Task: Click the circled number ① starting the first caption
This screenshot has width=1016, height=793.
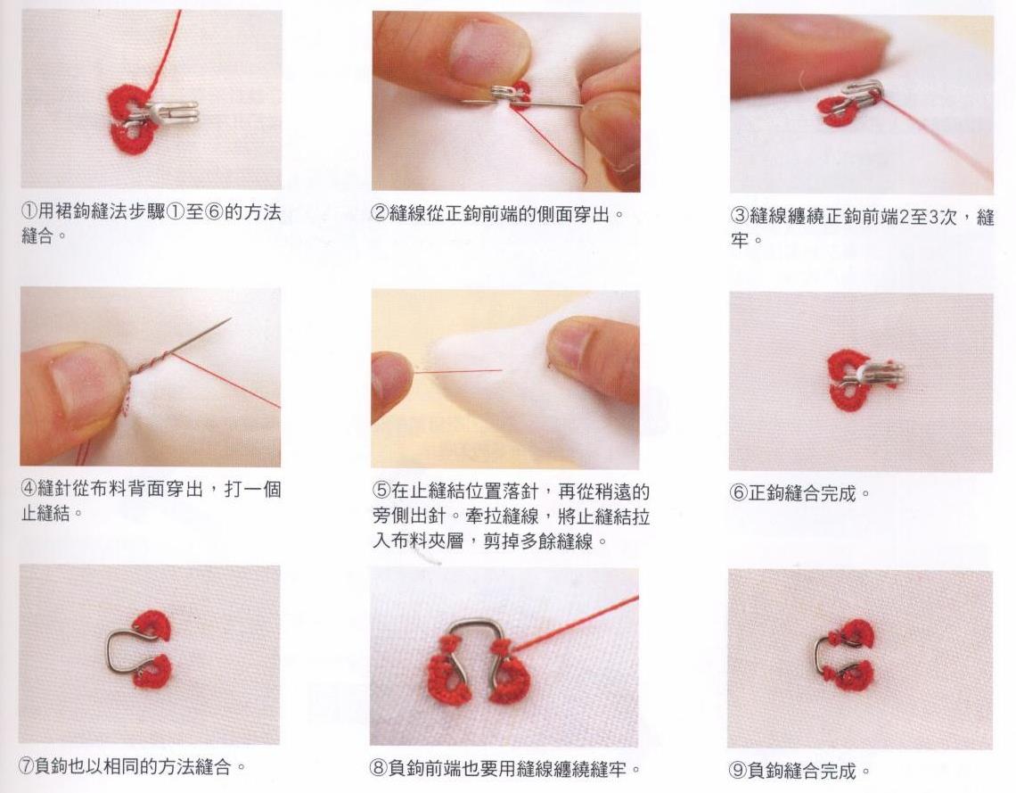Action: pyautogui.click(x=29, y=211)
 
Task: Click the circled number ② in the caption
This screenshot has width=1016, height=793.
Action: pyautogui.click(x=380, y=213)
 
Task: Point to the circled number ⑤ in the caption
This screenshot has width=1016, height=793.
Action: pyautogui.click(x=381, y=491)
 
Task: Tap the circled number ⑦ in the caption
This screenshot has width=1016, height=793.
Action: pyautogui.click(x=26, y=766)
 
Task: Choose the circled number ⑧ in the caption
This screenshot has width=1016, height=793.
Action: pyautogui.click(x=379, y=769)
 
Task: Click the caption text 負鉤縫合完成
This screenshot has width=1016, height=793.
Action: pyautogui.click(x=803, y=771)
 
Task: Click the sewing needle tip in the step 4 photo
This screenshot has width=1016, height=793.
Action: pyautogui.click(x=230, y=319)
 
